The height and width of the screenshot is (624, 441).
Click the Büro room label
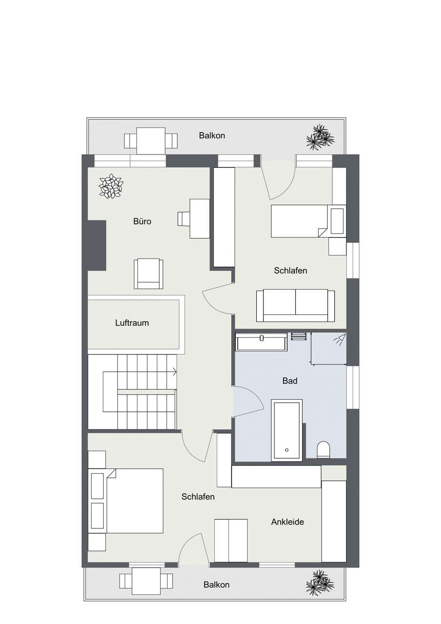[x=142, y=221]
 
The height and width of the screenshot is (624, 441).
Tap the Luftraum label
[x=132, y=323]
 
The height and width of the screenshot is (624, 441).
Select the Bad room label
[x=290, y=381]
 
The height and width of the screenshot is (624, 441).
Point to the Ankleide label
[x=288, y=522]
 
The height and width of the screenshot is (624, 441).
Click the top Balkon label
[x=212, y=136]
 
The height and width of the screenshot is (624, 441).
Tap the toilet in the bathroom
[x=324, y=449]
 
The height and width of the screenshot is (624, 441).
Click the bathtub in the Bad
[x=287, y=430]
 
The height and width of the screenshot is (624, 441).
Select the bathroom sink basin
[x=261, y=342]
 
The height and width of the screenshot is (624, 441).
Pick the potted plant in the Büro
[x=111, y=186]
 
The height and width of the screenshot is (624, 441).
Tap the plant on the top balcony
[x=320, y=137]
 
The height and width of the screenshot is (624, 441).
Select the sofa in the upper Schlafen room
[x=295, y=306]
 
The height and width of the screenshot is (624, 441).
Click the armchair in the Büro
[x=149, y=274]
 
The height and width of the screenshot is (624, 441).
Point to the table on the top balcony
[x=151, y=141]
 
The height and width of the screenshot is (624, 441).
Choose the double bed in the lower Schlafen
[x=126, y=501]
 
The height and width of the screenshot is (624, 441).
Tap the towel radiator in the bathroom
[x=299, y=336]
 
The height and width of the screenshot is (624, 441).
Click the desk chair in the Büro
[x=184, y=219]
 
